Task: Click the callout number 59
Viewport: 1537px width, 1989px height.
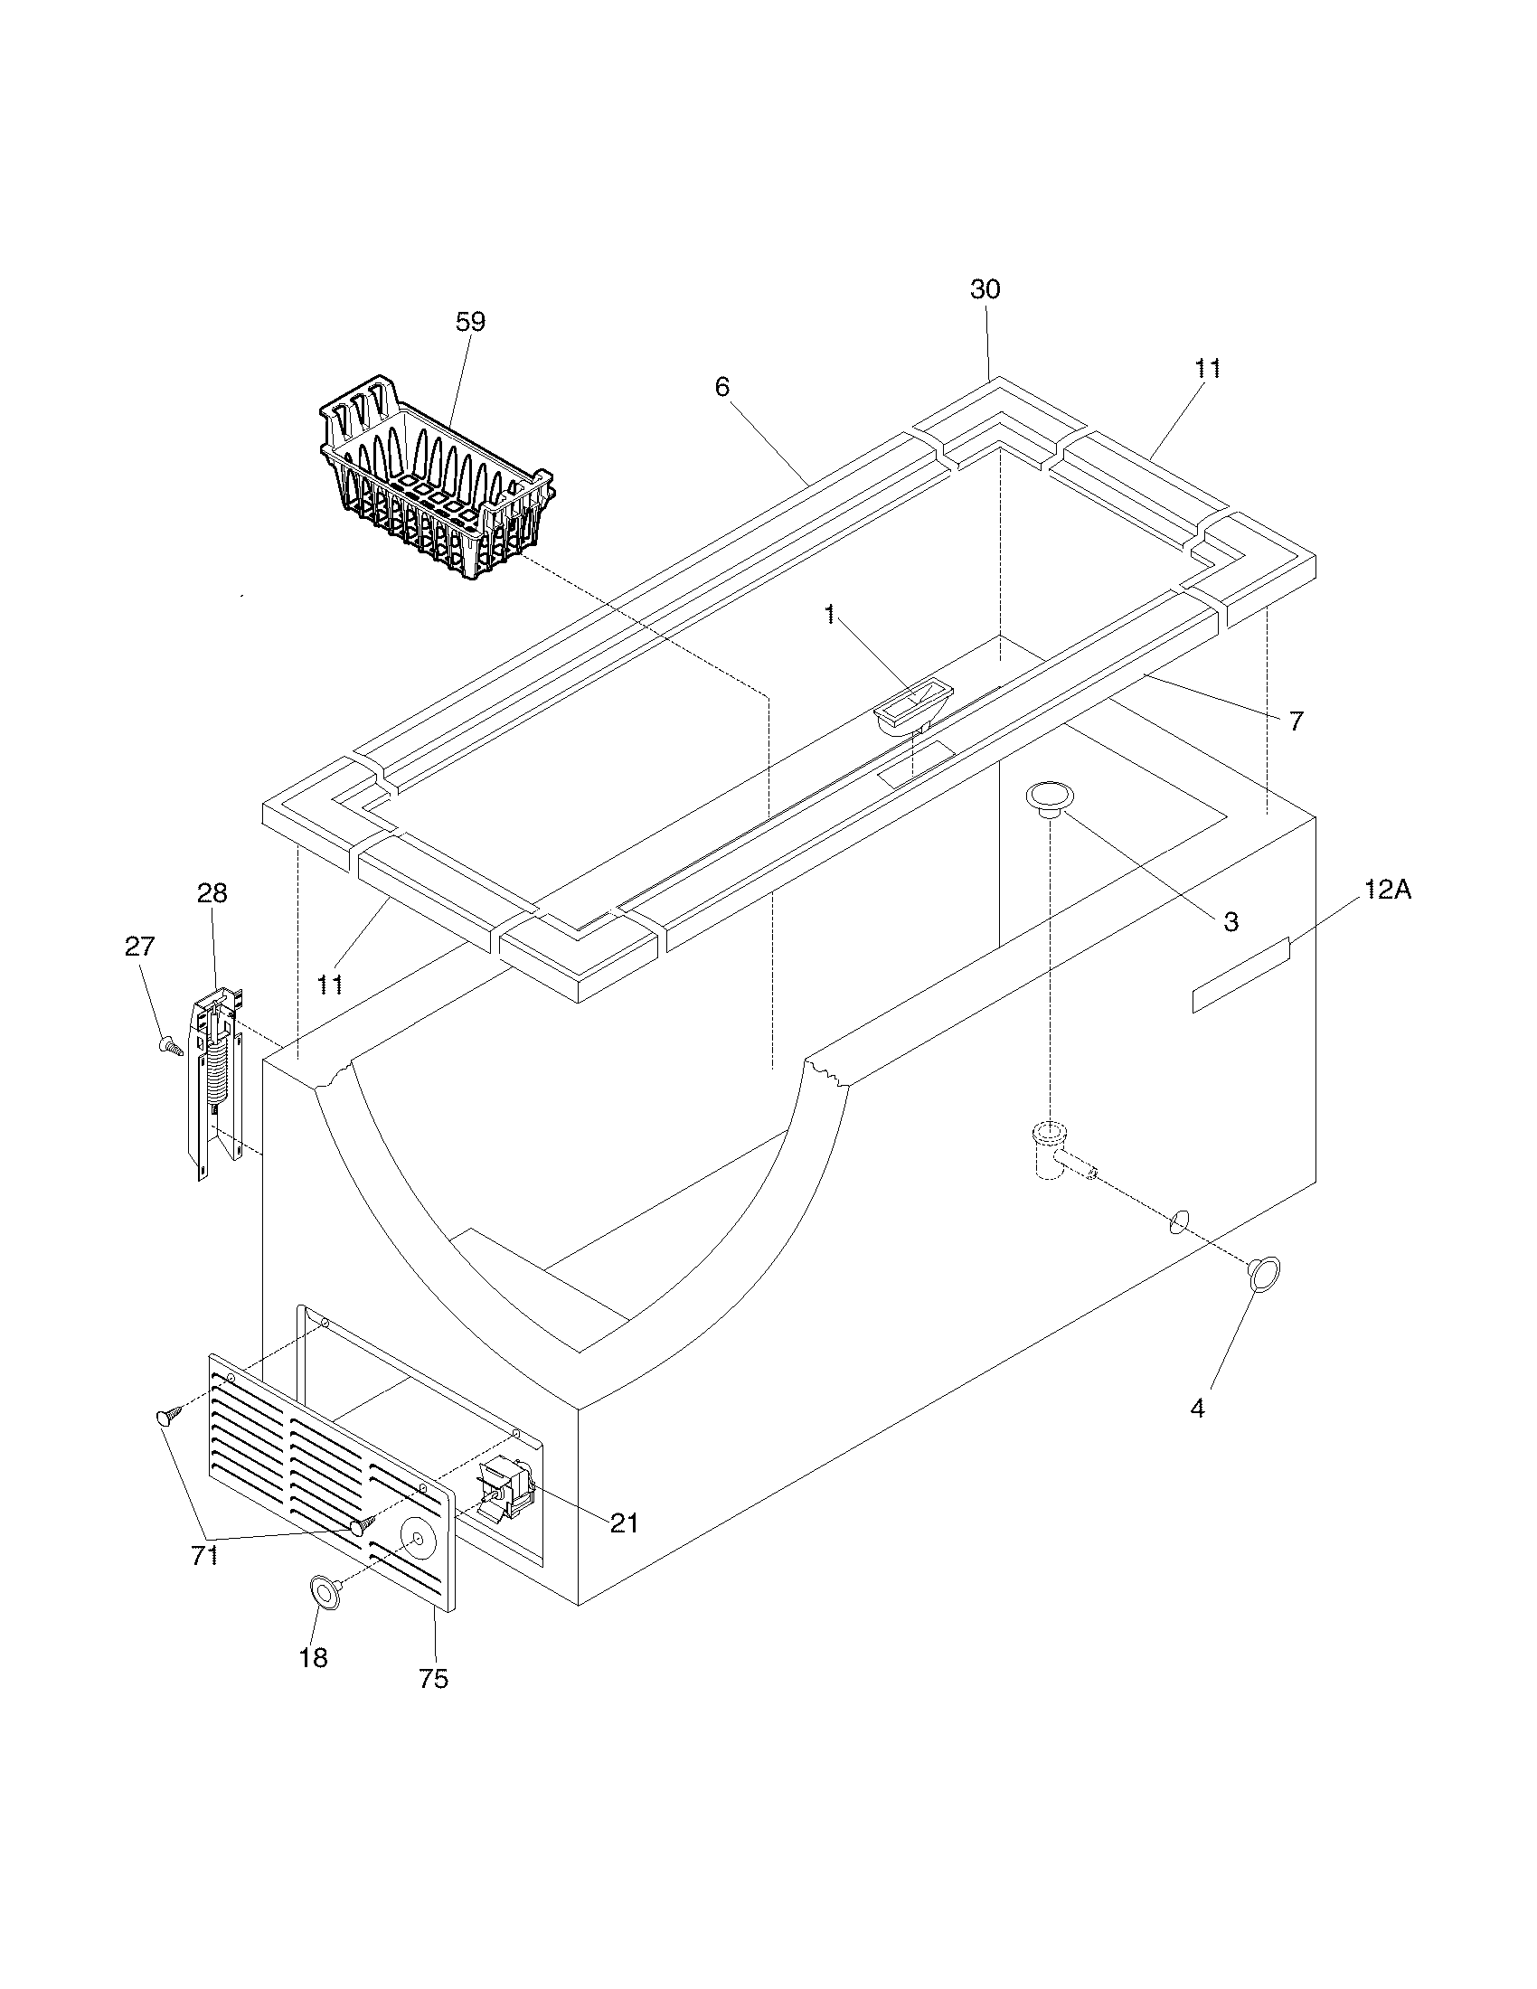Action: (471, 322)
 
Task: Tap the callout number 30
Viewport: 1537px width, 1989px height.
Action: (985, 289)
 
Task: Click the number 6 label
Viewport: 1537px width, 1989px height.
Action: (721, 387)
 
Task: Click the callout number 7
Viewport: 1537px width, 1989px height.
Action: (1296, 721)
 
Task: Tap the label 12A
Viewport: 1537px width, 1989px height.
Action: (1387, 890)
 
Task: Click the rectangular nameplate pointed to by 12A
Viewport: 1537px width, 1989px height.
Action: (1241, 974)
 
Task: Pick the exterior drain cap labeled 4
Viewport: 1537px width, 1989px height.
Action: (1264, 1274)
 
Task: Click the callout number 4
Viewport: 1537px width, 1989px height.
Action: (1197, 1408)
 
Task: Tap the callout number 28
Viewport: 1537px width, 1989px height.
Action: (212, 893)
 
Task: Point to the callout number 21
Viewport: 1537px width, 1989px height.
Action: (624, 1522)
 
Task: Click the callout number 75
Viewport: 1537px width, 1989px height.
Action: (433, 1679)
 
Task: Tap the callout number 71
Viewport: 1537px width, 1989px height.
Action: (204, 1557)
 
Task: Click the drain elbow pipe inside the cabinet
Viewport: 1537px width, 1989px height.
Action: (1056, 1153)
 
